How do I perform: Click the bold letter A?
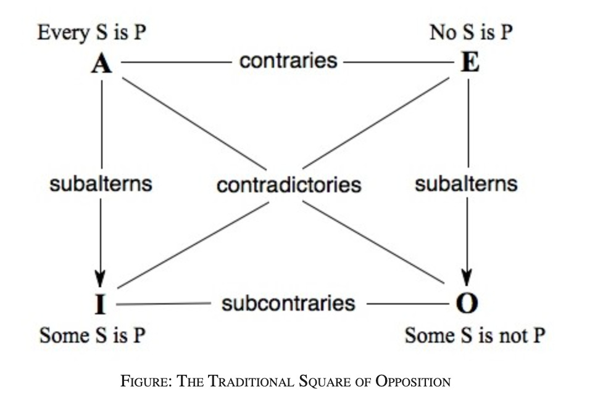pos(102,63)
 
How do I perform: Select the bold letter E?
pos(470,63)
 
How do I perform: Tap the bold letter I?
pos(101,303)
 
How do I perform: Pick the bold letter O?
pos(467,303)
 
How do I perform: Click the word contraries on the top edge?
pos(288,61)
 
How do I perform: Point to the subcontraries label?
pos(288,303)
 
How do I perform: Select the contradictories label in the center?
pos(288,184)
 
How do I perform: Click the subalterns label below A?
pos(101,184)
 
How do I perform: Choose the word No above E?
pos(442,32)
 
